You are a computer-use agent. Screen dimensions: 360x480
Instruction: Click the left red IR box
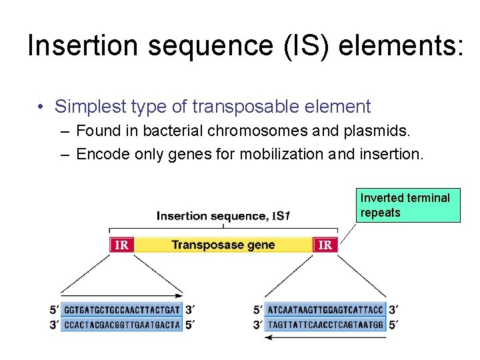(x=121, y=245)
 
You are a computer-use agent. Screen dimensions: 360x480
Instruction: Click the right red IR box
(x=325, y=245)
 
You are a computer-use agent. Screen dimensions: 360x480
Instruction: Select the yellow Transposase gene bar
(x=223, y=245)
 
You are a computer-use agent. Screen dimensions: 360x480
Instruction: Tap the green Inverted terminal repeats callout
(x=407, y=205)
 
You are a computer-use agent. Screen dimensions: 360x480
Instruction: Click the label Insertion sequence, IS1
(x=223, y=216)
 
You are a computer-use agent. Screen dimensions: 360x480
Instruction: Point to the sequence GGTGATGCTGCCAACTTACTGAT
(x=121, y=310)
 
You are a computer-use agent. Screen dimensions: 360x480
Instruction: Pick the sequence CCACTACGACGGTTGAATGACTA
(x=121, y=325)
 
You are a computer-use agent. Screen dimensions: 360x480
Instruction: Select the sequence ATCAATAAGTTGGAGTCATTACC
(x=325, y=310)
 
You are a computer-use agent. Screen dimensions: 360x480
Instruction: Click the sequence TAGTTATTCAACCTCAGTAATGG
(x=325, y=325)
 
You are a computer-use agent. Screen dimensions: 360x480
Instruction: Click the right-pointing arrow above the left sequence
(x=121, y=294)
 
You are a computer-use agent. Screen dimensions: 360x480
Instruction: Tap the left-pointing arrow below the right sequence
(x=325, y=337)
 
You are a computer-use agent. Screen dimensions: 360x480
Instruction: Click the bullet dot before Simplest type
(x=41, y=107)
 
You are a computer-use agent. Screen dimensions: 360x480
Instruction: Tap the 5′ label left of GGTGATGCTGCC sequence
(x=53, y=310)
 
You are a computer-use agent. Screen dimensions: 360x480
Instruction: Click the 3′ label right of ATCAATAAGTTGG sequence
(x=394, y=310)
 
